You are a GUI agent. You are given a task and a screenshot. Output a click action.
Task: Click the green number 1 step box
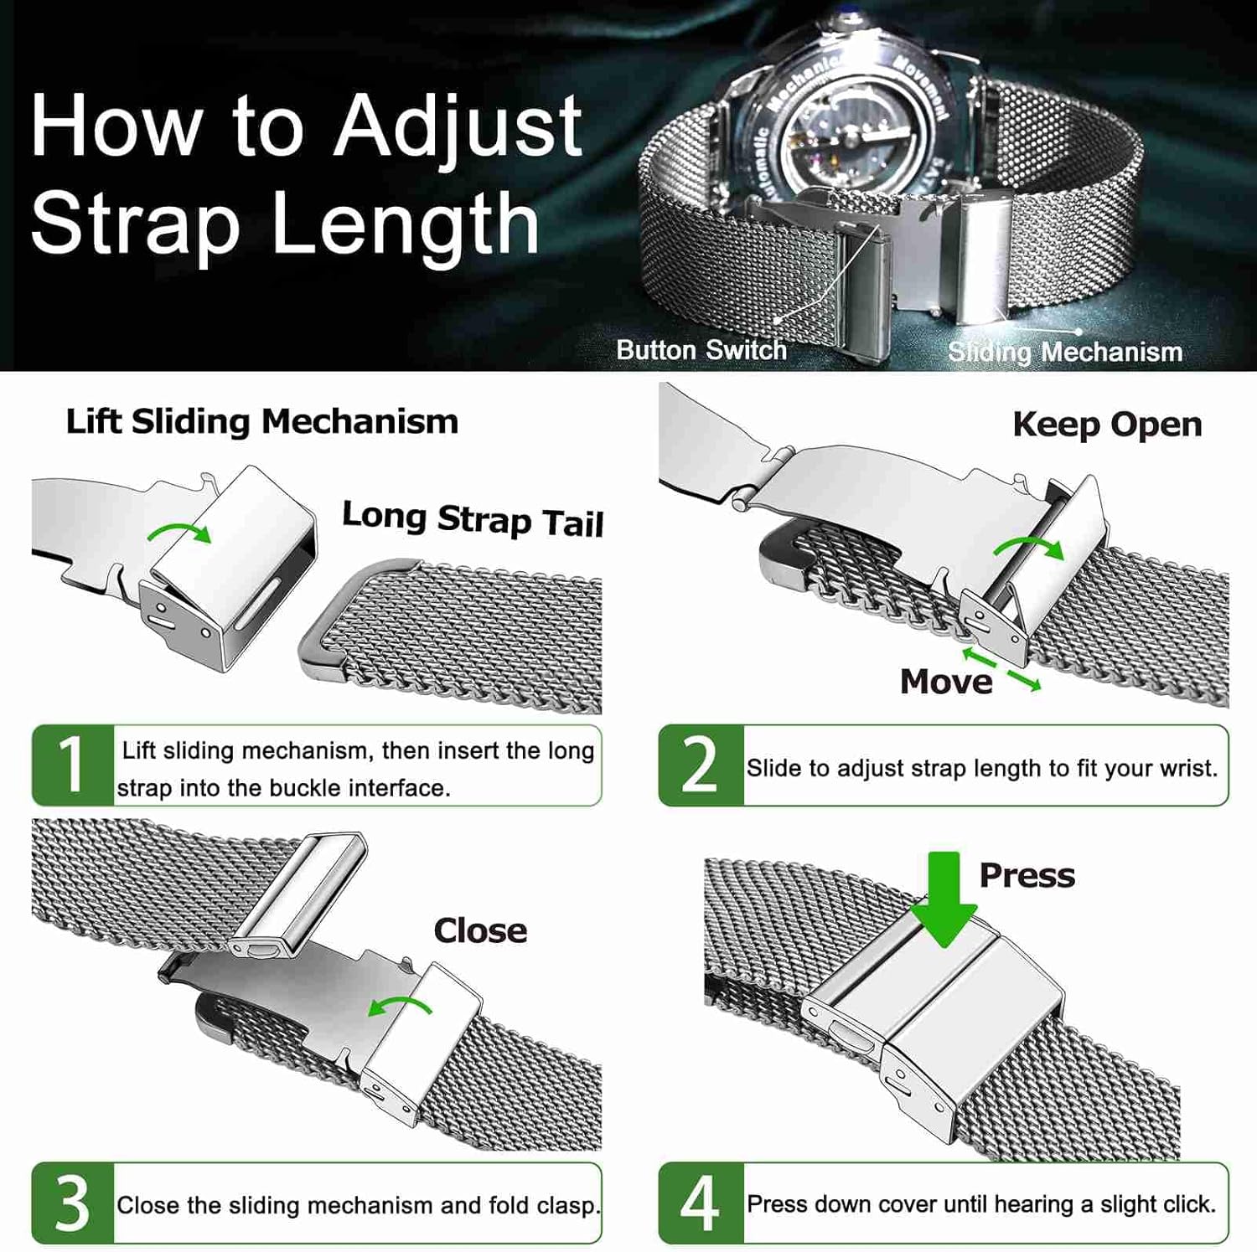pyautogui.click(x=73, y=765)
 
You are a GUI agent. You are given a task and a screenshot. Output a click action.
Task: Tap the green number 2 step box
pyautogui.click(x=701, y=765)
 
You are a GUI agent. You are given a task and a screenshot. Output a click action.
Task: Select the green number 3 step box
pyautogui.click(x=73, y=1203)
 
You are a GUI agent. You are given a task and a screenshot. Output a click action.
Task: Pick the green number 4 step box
pyautogui.click(x=701, y=1203)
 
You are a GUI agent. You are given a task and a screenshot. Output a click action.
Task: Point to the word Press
pyautogui.click(x=1027, y=876)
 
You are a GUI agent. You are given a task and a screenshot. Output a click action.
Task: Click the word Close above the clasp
pyautogui.click(x=480, y=930)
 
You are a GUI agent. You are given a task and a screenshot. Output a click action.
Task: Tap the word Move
pyautogui.click(x=946, y=682)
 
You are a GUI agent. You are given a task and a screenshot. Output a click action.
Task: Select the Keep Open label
pyautogui.click(x=1107, y=425)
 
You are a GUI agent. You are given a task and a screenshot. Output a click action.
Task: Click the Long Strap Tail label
pyautogui.click(x=473, y=519)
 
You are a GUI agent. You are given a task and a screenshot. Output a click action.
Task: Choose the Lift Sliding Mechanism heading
pyautogui.click(x=262, y=421)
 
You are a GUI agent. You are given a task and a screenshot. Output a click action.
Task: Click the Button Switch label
pyautogui.click(x=701, y=349)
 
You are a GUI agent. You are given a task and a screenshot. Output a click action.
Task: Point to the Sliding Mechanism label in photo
pyautogui.click(x=1064, y=352)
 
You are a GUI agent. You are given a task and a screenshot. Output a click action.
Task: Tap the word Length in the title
pyautogui.click(x=406, y=224)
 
